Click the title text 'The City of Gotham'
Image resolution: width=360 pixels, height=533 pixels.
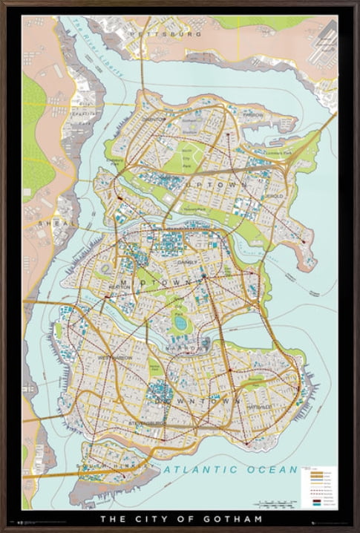(x=180, y=517)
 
